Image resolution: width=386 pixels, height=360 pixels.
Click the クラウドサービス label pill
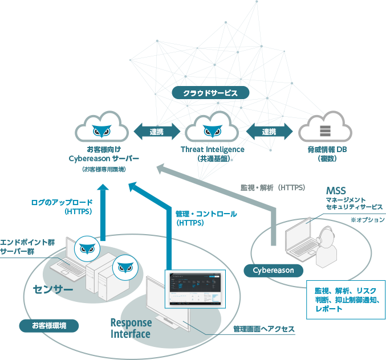(x=210, y=92)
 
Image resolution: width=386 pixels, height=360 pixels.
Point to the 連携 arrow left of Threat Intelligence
(x=157, y=132)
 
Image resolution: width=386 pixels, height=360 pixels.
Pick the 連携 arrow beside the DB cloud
(x=269, y=132)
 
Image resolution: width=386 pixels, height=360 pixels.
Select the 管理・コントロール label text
(x=206, y=214)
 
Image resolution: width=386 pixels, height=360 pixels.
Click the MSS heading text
(x=336, y=190)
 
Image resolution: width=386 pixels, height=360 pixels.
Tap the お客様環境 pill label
(x=48, y=326)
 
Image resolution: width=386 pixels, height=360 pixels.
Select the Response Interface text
(x=131, y=329)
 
